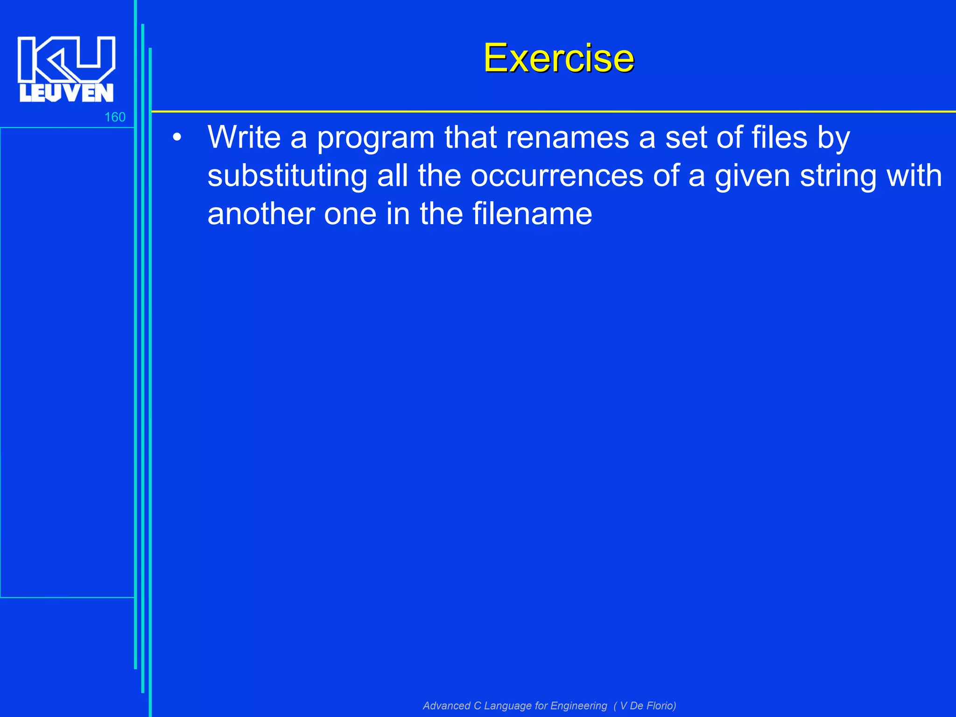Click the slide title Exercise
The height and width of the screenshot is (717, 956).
(558, 58)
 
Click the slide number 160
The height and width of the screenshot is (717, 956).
(115, 117)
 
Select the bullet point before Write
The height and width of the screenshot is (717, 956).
(176, 138)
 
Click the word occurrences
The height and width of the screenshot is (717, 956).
(557, 176)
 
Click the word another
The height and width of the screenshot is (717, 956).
(261, 214)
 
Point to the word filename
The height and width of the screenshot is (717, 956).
(532, 214)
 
